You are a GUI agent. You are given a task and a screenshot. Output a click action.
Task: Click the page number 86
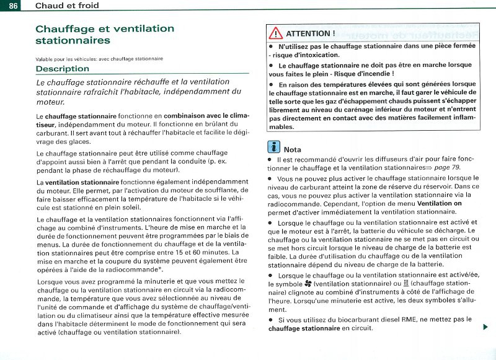click(12, 5)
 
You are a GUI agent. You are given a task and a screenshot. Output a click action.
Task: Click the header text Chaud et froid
click(67, 5)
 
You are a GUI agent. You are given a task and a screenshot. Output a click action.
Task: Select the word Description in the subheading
click(62, 69)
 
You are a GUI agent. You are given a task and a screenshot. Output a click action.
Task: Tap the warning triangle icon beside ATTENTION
click(275, 33)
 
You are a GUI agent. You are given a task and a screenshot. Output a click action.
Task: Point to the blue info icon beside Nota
click(273, 149)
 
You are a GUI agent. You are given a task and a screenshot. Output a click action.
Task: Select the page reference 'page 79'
click(446, 167)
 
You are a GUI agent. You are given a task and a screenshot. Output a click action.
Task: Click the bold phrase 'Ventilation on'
click(440, 203)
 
